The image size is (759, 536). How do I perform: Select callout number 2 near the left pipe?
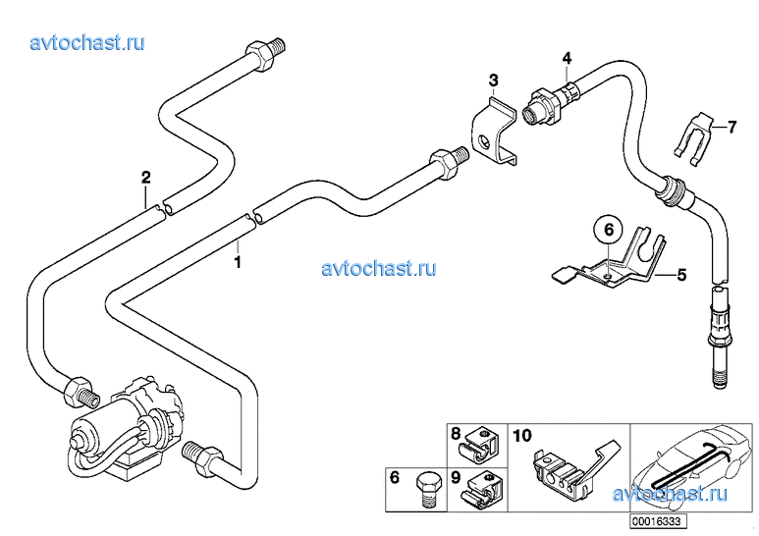tap(145, 178)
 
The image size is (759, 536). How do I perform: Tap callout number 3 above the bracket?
tap(494, 80)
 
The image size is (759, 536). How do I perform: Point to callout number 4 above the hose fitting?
tap(567, 60)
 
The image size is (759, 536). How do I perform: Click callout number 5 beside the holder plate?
tap(681, 275)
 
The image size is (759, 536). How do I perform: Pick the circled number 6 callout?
tap(608, 230)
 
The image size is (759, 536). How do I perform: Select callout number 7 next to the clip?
tap(731, 127)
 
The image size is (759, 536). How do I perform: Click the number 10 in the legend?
tap(521, 433)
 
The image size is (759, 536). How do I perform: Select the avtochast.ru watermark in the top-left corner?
tap(88, 43)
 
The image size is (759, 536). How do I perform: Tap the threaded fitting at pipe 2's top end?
tap(268, 49)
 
